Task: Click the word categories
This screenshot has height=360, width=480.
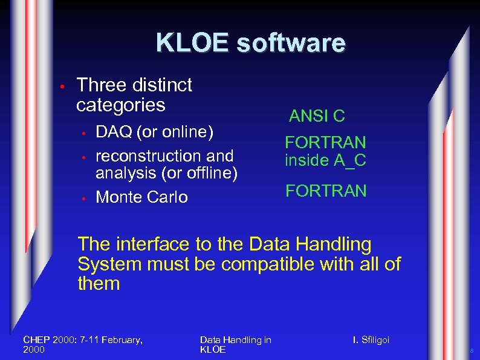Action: [x=120, y=105]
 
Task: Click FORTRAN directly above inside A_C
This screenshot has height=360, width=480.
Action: [x=326, y=142]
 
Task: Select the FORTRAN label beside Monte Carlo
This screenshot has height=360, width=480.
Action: [x=326, y=191]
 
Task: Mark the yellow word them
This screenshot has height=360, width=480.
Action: [x=99, y=284]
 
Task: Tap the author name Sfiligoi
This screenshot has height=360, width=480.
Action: [x=375, y=340]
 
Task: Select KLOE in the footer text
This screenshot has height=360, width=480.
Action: [x=212, y=350]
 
